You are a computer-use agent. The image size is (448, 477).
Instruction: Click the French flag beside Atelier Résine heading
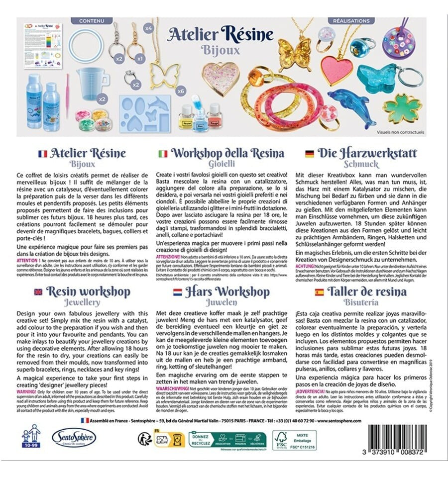[x=42, y=153]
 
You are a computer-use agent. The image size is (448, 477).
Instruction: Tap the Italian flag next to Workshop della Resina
[x=162, y=153]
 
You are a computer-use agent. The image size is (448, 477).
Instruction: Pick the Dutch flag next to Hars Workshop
[x=177, y=292]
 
